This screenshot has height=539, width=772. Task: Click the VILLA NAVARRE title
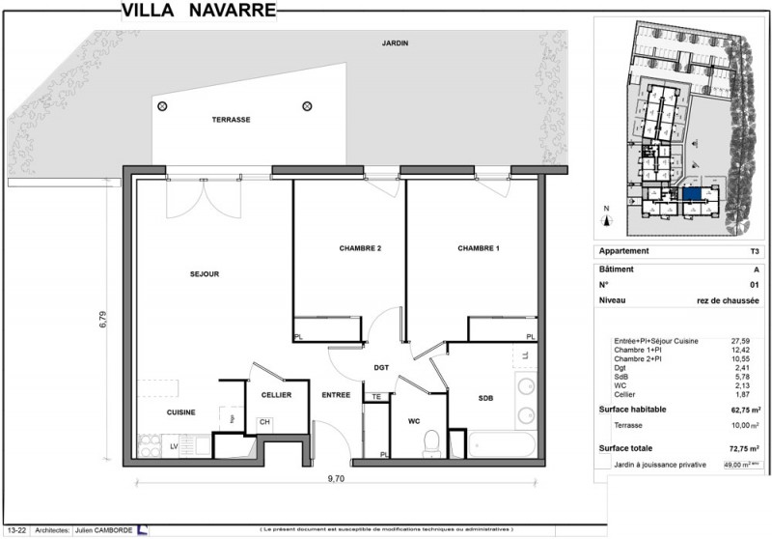click(x=198, y=12)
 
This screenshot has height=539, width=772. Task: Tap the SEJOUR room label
click(x=205, y=274)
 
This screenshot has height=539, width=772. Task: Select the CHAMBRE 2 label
click(x=360, y=248)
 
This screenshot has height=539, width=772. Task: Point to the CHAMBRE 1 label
click(x=479, y=248)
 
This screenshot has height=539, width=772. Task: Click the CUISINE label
click(x=180, y=412)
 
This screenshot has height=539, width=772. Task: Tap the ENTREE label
click(x=337, y=394)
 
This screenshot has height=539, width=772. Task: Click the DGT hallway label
click(x=381, y=368)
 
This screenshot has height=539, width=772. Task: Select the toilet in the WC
click(x=433, y=441)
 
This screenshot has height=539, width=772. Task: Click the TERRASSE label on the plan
click(x=232, y=120)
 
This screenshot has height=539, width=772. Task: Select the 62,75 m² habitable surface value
click(x=738, y=410)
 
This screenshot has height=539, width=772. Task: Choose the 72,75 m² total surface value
click(x=738, y=449)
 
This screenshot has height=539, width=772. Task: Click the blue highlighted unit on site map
click(x=692, y=192)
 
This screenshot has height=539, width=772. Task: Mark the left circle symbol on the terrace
click(x=162, y=105)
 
